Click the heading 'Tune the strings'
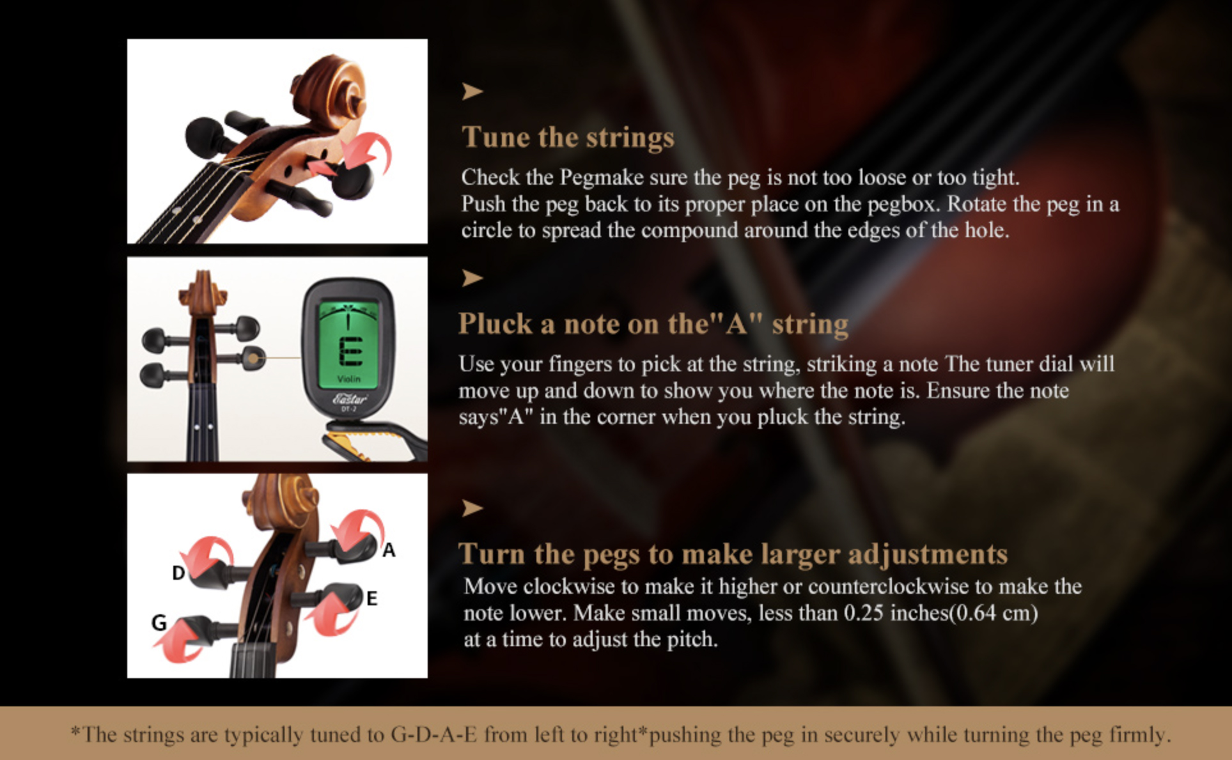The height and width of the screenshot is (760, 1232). coord(568,137)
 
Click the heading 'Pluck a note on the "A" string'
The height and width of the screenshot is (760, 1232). coord(653,323)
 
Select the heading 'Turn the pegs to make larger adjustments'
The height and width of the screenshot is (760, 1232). coord(733,554)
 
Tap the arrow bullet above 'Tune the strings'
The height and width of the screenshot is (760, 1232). coord(472,91)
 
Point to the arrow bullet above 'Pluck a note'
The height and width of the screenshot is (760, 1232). coord(472,278)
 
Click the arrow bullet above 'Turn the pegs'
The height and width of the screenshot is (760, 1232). coord(472,508)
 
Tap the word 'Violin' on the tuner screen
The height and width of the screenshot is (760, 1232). coord(349,379)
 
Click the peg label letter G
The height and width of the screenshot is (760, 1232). coord(159,622)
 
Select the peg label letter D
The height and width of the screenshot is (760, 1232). coord(178,573)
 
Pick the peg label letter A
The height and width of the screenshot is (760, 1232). coord(389,550)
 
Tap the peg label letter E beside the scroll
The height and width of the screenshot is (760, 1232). coord(371,598)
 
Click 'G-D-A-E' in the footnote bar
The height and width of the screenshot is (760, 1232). coord(433,734)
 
